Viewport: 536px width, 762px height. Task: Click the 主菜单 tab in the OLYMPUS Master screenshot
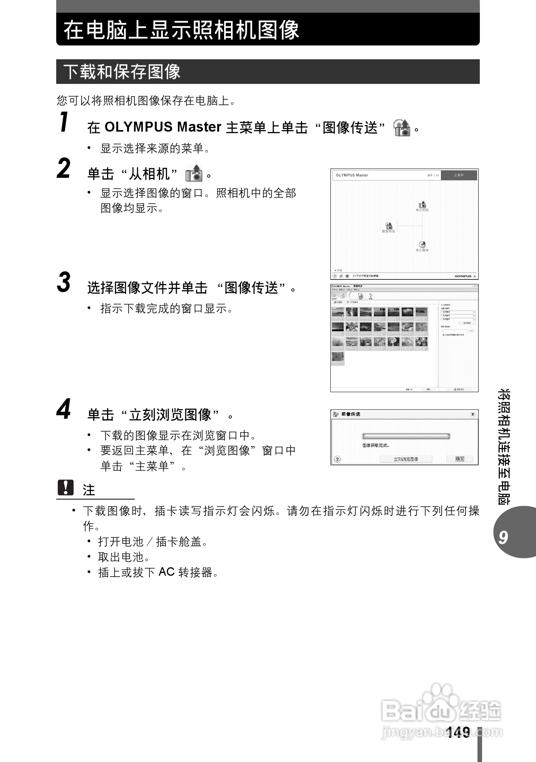(x=459, y=175)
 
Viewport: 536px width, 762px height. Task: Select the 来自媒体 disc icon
(x=422, y=244)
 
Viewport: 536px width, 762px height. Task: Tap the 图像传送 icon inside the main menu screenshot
(x=389, y=226)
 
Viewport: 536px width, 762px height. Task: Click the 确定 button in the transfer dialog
(x=460, y=459)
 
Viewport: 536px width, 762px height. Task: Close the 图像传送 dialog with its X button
(x=473, y=414)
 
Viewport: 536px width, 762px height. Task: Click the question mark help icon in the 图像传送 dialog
(x=337, y=459)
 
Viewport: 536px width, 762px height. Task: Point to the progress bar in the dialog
(x=406, y=436)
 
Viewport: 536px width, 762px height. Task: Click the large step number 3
(x=64, y=282)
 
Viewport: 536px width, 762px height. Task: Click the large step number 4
(x=64, y=409)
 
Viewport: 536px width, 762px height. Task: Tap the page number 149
(x=458, y=732)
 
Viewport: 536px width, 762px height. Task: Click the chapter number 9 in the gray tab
(x=503, y=537)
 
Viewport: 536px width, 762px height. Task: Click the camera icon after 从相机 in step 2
(x=194, y=174)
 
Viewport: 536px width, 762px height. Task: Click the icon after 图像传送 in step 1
(x=402, y=128)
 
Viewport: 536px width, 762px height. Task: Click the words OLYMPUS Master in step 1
(x=163, y=127)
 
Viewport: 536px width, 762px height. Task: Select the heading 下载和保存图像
(x=122, y=72)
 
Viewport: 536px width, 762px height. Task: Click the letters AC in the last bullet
(x=167, y=572)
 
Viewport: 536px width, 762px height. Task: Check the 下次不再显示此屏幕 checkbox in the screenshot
(x=354, y=276)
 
